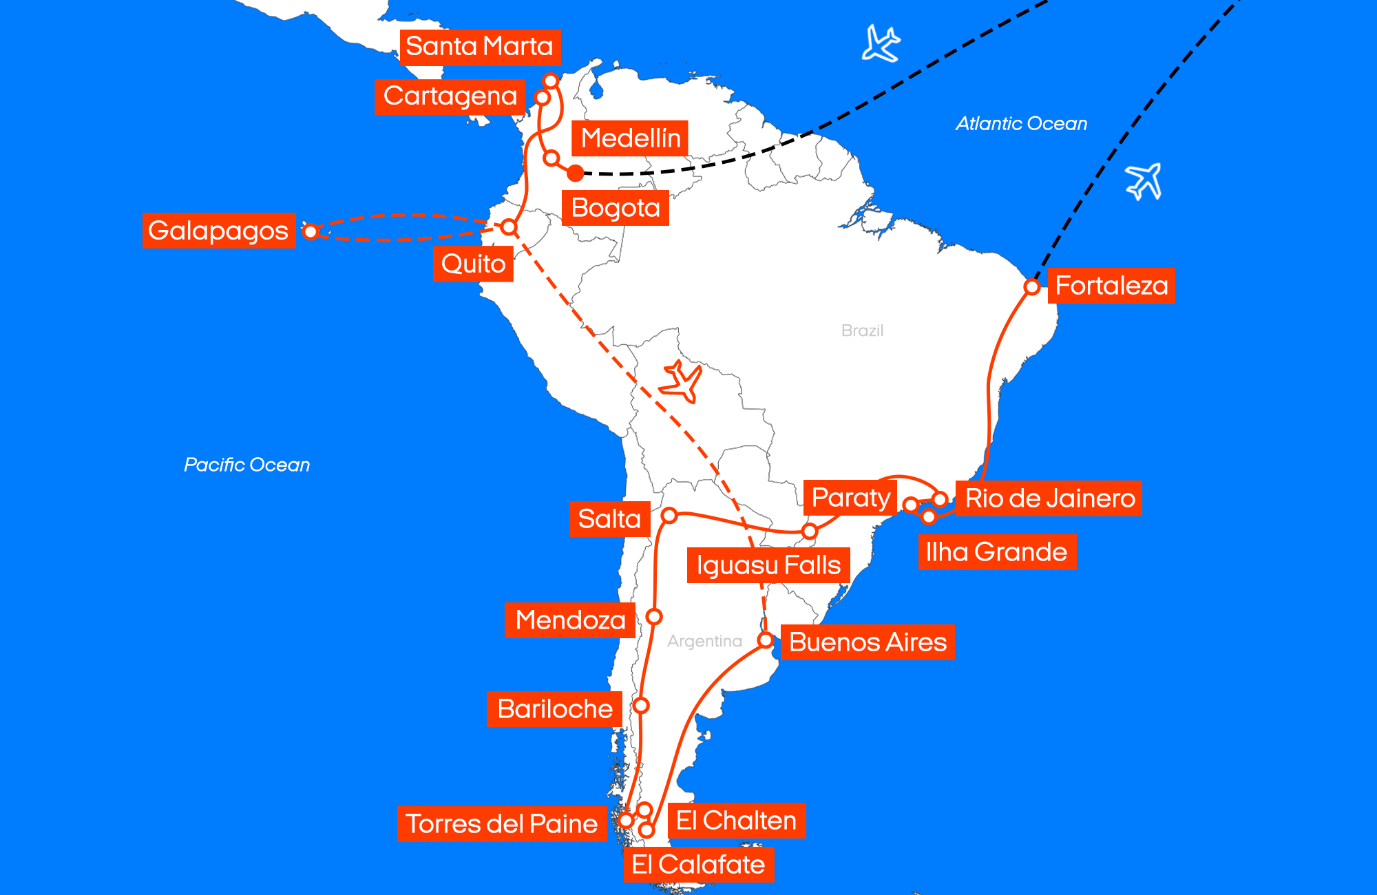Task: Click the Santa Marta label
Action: pyautogui.click(x=480, y=47)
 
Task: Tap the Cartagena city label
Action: pyautogui.click(x=450, y=96)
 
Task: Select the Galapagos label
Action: pyautogui.click(x=218, y=231)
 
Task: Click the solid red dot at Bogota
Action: pyautogui.click(x=576, y=173)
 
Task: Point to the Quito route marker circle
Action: pyautogui.click(x=509, y=227)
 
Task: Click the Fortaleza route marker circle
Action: pyautogui.click(x=1031, y=286)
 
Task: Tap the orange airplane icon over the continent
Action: pyautogui.click(x=681, y=381)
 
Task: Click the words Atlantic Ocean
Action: pyautogui.click(x=1021, y=124)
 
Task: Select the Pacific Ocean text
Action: pyautogui.click(x=246, y=465)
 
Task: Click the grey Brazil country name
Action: pyautogui.click(x=862, y=330)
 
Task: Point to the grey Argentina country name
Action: pyautogui.click(x=704, y=641)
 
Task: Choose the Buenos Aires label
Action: pyautogui.click(x=868, y=642)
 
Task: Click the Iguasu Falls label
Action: pyautogui.click(x=768, y=565)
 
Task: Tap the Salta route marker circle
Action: pyautogui.click(x=669, y=515)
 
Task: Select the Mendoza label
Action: pyautogui.click(x=570, y=620)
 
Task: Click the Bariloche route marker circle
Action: pyautogui.click(x=641, y=706)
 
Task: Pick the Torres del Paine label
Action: pyautogui.click(x=501, y=824)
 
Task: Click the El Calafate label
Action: pyautogui.click(x=698, y=865)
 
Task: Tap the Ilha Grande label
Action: pyautogui.click(x=996, y=552)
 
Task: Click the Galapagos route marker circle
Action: pyautogui.click(x=311, y=231)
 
